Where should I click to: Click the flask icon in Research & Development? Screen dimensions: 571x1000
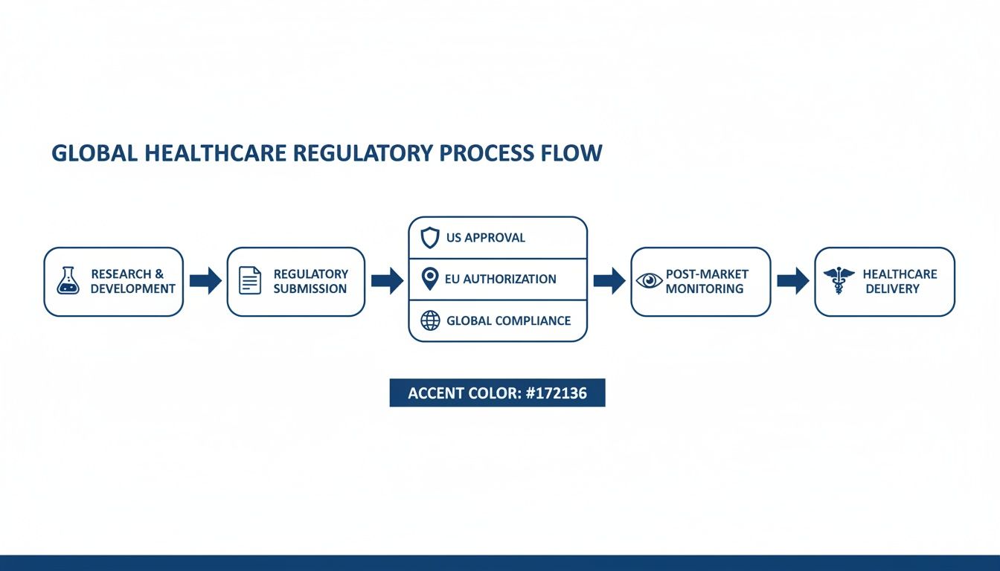pyautogui.click(x=68, y=281)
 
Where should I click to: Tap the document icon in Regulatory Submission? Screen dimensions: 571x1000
pyautogui.click(x=250, y=281)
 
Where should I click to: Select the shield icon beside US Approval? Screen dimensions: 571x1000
pyautogui.click(x=430, y=238)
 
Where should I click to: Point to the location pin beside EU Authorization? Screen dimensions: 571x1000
pyautogui.click(x=429, y=280)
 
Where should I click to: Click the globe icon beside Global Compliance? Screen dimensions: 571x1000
pyautogui.click(x=430, y=321)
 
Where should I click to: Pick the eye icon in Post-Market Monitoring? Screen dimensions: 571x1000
pyautogui.click(x=649, y=281)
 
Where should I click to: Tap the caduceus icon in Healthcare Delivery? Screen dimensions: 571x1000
pyautogui.click(x=839, y=281)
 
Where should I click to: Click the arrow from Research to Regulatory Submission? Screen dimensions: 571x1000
pyautogui.click(x=205, y=281)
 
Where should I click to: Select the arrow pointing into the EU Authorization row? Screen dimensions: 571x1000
pyautogui.click(x=387, y=280)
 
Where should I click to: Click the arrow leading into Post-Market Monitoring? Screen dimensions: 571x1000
pyautogui.click(x=609, y=280)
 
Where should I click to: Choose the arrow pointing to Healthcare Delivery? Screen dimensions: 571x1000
pyautogui.click(x=792, y=280)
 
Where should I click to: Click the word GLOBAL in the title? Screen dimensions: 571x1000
pyautogui.click(x=94, y=154)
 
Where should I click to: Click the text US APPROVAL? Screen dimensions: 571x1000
pyautogui.click(x=486, y=238)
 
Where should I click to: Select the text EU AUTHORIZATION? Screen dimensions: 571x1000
pyautogui.click(x=501, y=280)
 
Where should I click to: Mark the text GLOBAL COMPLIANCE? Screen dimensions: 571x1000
pyautogui.click(x=509, y=321)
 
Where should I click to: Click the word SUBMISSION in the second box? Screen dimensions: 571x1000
pyautogui.click(x=310, y=289)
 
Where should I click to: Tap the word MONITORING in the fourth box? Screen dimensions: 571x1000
pyautogui.click(x=705, y=289)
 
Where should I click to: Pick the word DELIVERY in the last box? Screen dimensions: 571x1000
pyautogui.click(x=893, y=289)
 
